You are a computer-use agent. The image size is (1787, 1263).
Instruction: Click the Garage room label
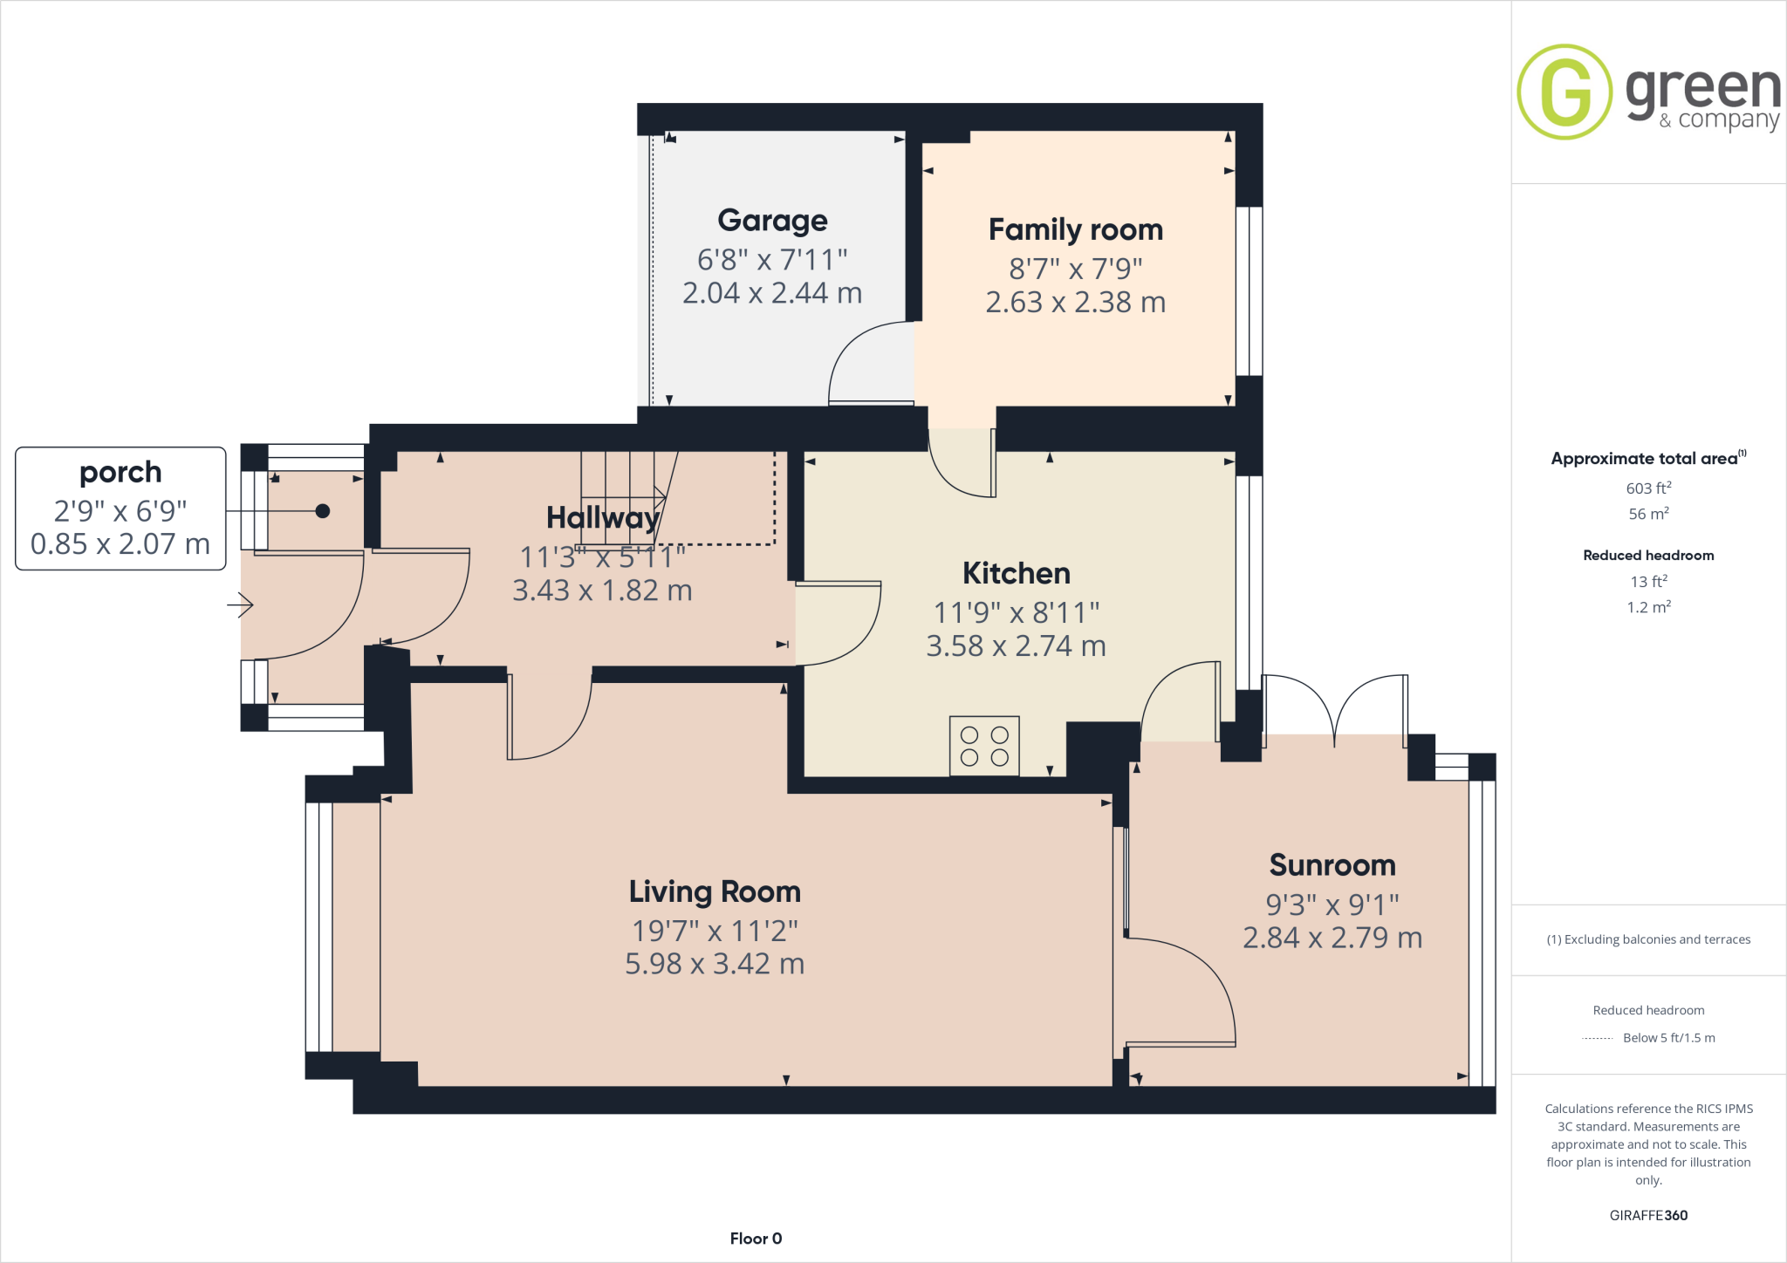point(772,221)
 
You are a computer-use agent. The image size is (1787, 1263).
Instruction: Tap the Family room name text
point(1075,230)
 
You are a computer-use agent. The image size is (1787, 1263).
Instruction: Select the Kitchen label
point(1016,574)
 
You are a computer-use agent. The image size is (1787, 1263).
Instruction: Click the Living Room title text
point(715,892)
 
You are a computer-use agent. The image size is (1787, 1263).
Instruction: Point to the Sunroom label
point(1332,865)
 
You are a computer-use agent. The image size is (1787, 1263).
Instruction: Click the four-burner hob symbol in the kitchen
point(984,747)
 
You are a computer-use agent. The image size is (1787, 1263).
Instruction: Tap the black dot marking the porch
point(323,511)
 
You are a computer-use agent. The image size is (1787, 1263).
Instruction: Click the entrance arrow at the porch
point(241,604)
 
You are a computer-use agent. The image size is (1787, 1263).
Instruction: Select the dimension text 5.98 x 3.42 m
point(715,965)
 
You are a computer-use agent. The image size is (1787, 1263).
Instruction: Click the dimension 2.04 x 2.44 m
point(772,294)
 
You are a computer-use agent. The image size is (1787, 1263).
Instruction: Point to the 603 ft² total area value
point(1648,488)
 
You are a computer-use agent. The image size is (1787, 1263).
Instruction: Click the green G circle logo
point(1564,92)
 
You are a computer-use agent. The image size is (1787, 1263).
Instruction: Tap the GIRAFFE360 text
point(1648,1215)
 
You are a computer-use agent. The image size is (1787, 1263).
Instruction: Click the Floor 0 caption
point(756,1239)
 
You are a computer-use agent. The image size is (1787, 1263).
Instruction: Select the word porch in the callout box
point(120,473)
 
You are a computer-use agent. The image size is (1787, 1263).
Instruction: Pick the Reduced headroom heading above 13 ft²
point(1648,556)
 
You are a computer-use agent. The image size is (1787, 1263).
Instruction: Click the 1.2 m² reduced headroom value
point(1648,607)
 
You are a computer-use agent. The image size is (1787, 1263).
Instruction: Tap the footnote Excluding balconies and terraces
point(1648,939)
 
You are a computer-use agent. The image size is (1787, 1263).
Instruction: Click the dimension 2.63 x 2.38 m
point(1075,303)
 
